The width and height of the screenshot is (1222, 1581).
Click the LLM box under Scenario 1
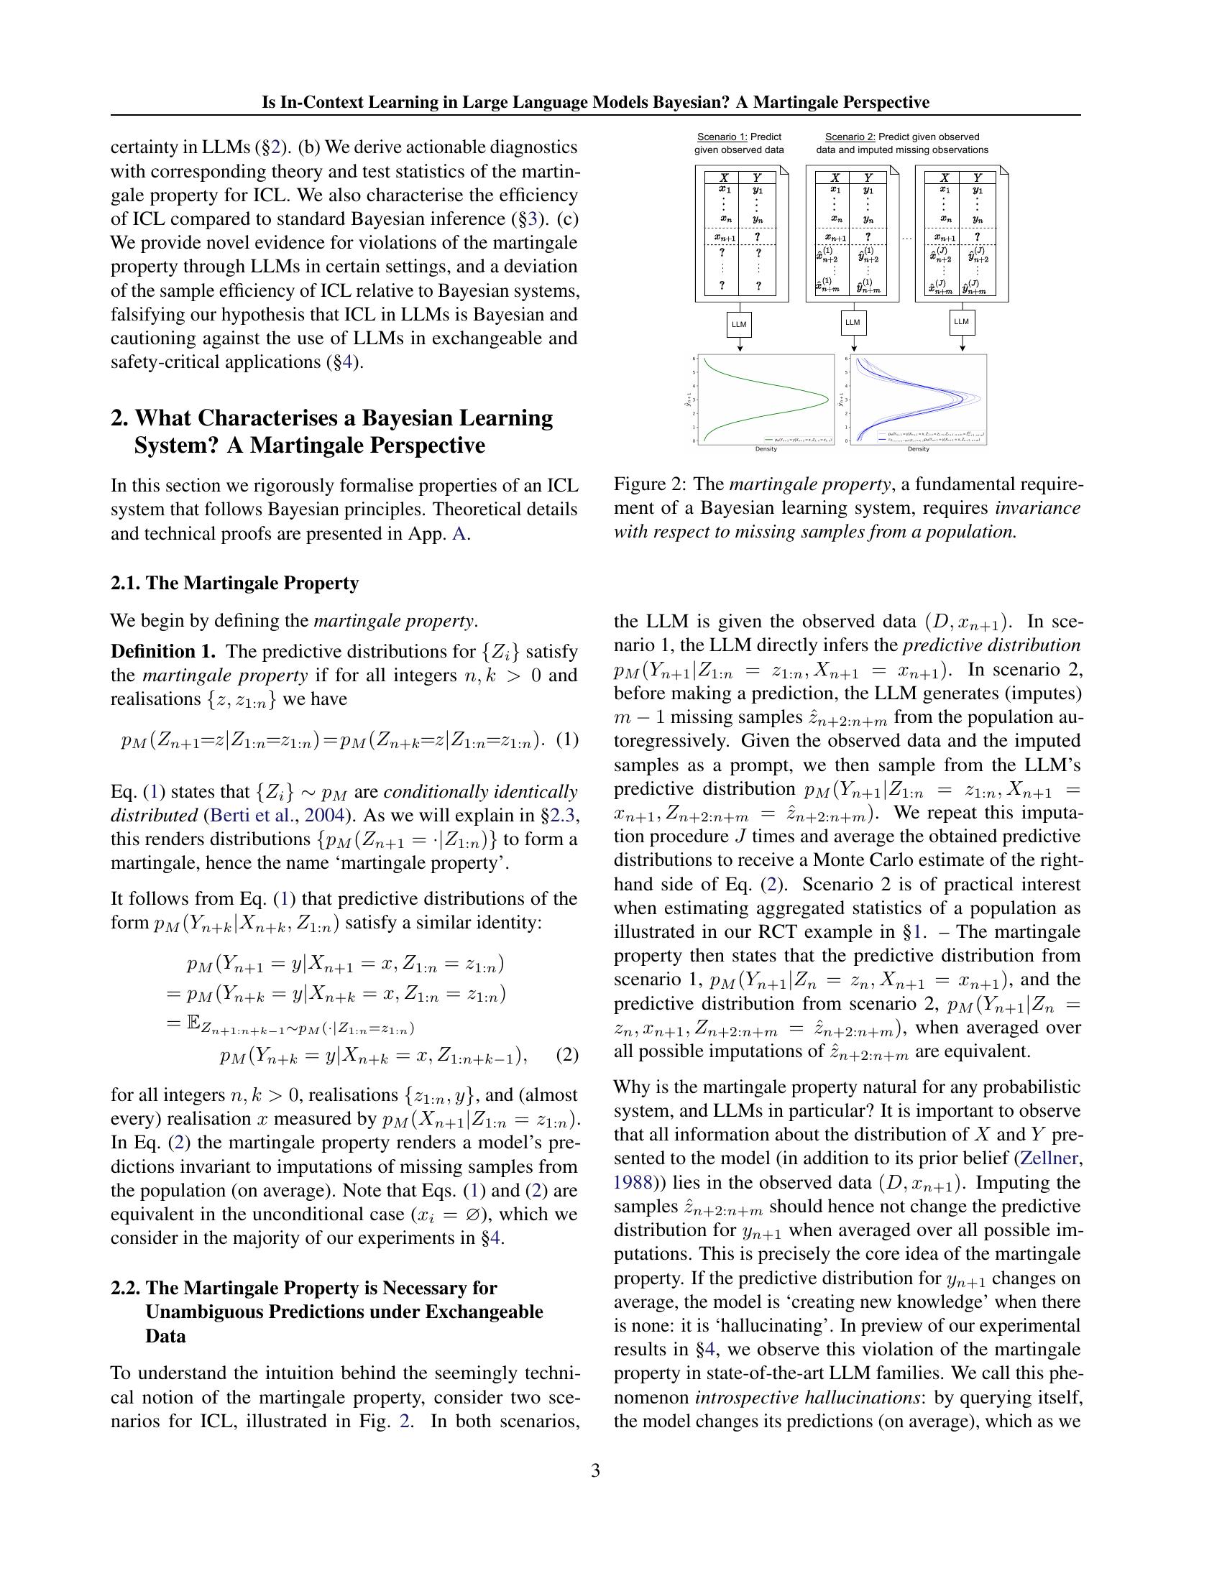(x=738, y=324)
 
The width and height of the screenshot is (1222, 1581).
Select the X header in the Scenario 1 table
(x=723, y=178)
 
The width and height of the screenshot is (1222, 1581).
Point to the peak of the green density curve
(x=827, y=398)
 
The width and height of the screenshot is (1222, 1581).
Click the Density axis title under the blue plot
(x=918, y=449)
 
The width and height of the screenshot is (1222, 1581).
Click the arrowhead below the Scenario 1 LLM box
(x=739, y=349)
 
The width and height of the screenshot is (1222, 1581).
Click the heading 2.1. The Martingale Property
(x=234, y=583)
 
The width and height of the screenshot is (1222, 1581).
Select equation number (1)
(x=569, y=739)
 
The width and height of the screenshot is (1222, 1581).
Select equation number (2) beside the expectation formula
(x=568, y=1055)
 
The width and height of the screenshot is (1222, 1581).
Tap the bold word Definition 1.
(x=164, y=651)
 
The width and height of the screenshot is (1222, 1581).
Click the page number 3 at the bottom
(x=595, y=1470)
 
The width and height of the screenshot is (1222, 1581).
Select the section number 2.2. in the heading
(x=126, y=1288)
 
